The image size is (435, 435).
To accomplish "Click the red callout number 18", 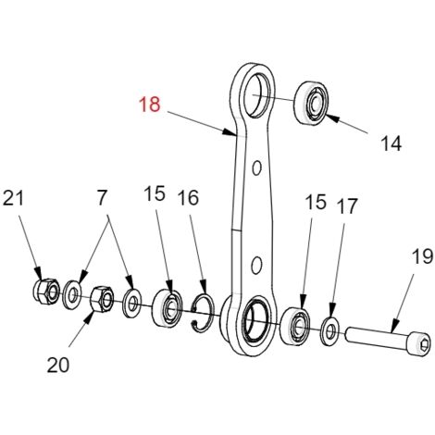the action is pyautogui.click(x=150, y=105).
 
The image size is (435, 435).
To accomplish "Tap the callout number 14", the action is pyautogui.click(x=391, y=143).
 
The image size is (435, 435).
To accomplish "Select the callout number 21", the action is pyautogui.click(x=13, y=198).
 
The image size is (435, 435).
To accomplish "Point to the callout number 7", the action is pyautogui.click(x=102, y=198).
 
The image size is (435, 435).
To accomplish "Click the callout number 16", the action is pyautogui.click(x=188, y=198).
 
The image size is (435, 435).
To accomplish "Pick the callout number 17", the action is pyautogui.click(x=347, y=206).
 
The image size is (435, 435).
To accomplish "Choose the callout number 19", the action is pyautogui.click(x=422, y=256).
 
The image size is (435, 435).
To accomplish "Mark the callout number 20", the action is pyautogui.click(x=58, y=365).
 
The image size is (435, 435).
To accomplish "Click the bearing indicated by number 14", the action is pyautogui.click(x=312, y=103).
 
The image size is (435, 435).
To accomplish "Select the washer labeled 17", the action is pyautogui.click(x=329, y=331).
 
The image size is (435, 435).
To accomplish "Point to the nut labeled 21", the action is pyautogui.click(x=45, y=292).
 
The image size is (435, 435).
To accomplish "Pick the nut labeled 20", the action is pyautogui.click(x=102, y=299).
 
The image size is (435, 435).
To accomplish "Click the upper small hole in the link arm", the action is pyautogui.click(x=256, y=168).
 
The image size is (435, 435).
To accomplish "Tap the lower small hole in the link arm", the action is pyautogui.click(x=256, y=265).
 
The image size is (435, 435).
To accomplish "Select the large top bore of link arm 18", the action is pyautogui.click(x=257, y=95).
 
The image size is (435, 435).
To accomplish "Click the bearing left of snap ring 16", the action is pyautogui.click(x=168, y=307).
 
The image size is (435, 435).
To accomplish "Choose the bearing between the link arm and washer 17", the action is pyautogui.click(x=294, y=326).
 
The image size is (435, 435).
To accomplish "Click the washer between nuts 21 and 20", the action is pyautogui.click(x=72, y=294).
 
